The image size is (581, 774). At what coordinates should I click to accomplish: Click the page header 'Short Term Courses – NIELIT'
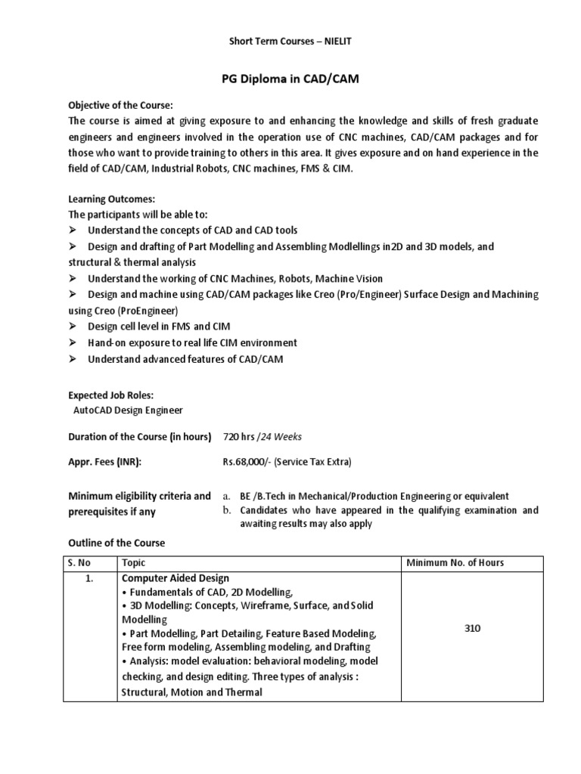pos(290,41)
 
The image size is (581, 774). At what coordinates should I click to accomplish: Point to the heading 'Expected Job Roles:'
pos(110,395)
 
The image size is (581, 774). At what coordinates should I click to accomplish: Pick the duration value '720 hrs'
pos(238,437)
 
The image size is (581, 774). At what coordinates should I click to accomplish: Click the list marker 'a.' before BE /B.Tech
pos(226,497)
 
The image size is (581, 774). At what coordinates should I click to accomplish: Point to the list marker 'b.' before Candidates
pos(226,510)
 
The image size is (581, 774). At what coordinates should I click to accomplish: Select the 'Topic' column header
pos(133,563)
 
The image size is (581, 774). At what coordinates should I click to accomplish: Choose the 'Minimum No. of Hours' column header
pos(455,563)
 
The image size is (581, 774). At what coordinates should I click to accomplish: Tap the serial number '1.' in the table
pos(89,579)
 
